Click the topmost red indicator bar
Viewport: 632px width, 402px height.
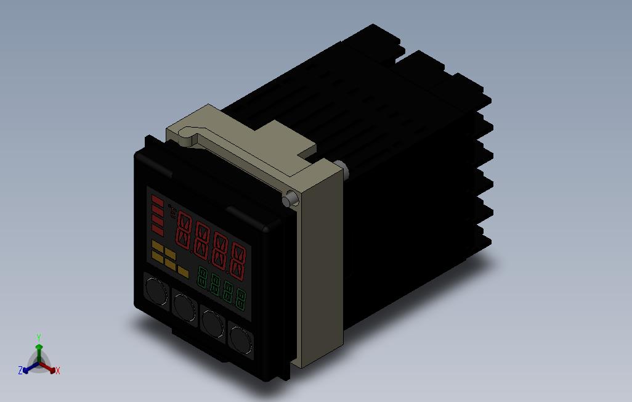pos(158,201)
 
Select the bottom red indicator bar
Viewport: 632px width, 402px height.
pos(158,231)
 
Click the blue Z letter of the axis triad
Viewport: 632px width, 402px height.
pos(20,371)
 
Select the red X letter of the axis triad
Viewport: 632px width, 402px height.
pos(57,371)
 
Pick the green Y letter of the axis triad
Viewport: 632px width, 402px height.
pos(38,337)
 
